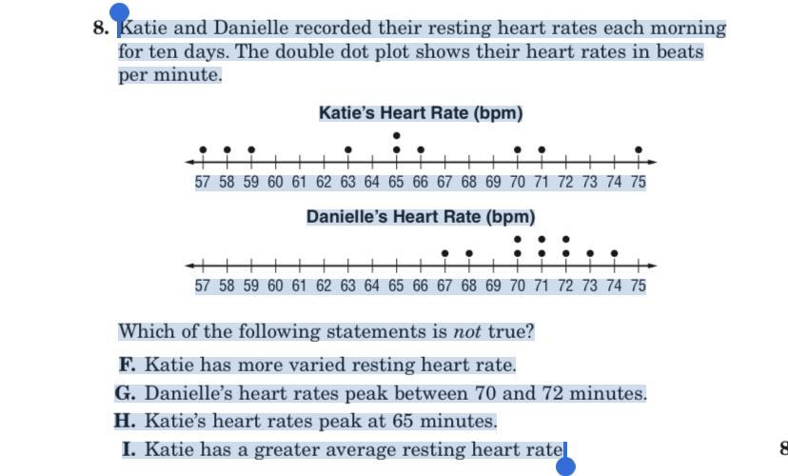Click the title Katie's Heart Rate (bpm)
[421, 113]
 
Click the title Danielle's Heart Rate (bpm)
[421, 217]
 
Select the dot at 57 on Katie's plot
[203, 149]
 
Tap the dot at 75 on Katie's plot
[639, 149]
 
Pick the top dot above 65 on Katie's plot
[397, 136]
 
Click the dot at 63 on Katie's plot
[348, 149]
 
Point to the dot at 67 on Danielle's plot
[445, 253]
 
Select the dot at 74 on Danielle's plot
[614, 253]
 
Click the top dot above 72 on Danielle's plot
[565, 239]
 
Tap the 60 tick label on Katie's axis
[275, 182]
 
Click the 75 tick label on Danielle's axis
[638, 286]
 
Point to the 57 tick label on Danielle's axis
[203, 286]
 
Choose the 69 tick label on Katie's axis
[493, 182]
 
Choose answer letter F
[127, 365]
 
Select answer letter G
[126, 393]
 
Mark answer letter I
[128, 449]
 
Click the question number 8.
[101, 28]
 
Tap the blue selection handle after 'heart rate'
[565, 466]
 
